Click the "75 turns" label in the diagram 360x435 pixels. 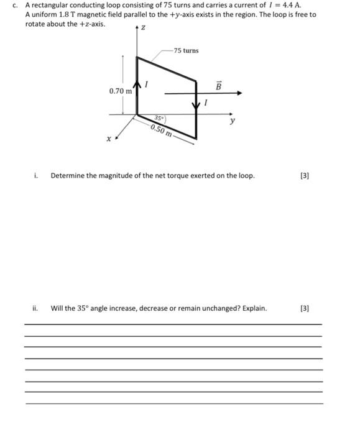(x=186, y=50)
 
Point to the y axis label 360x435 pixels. (x=233, y=121)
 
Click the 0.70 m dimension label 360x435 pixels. (x=120, y=91)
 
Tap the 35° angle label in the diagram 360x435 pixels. (x=160, y=117)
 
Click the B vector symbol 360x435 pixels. (x=218, y=85)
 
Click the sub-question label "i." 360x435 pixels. (x=37, y=176)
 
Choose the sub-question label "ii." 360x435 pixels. (x=35, y=308)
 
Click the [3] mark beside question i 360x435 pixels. (x=304, y=176)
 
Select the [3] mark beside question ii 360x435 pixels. (x=304, y=308)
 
